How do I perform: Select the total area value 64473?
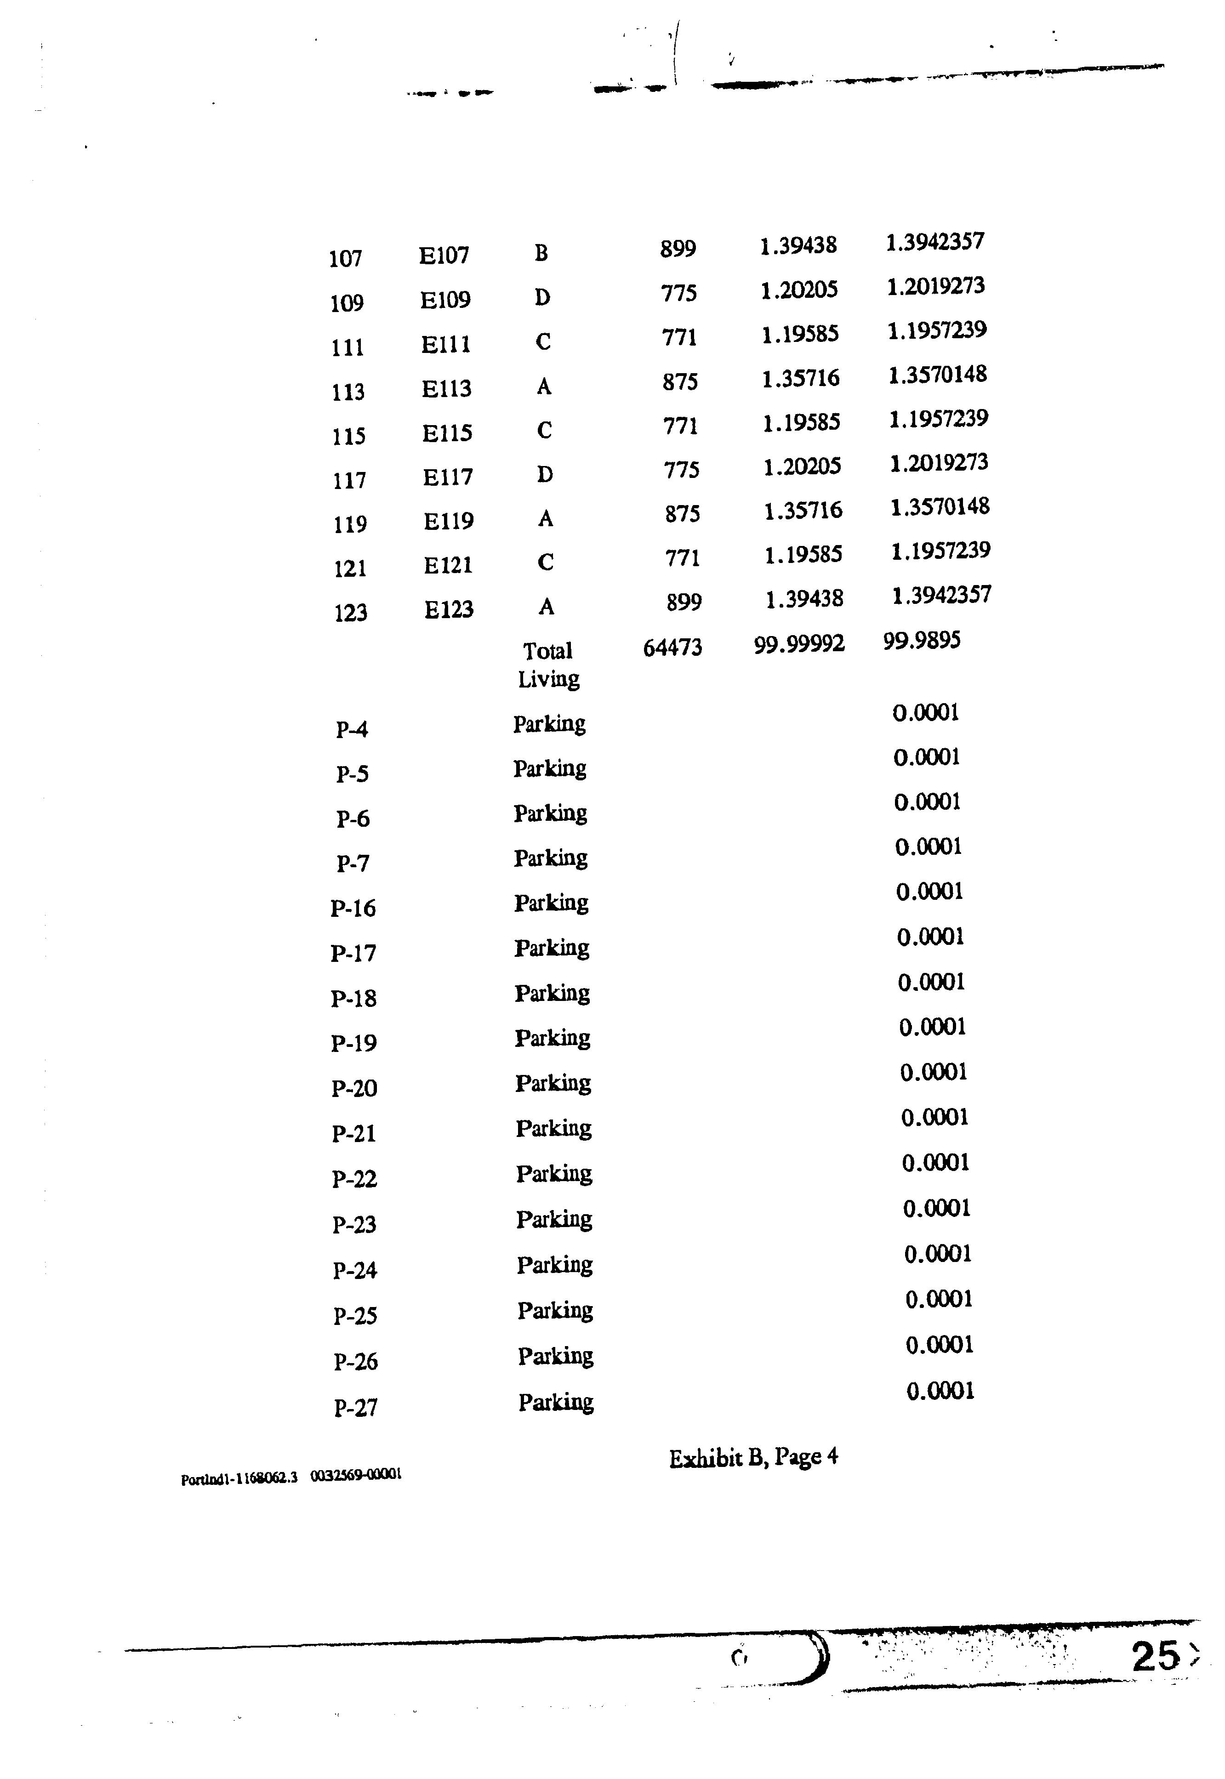click(x=672, y=647)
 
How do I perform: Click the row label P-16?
click(x=353, y=908)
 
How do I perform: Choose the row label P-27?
click(x=355, y=1408)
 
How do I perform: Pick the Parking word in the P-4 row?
click(x=550, y=724)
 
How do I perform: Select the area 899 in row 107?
click(x=678, y=249)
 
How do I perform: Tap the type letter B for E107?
click(x=541, y=252)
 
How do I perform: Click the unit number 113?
click(x=348, y=392)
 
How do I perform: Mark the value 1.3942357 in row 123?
click(x=941, y=595)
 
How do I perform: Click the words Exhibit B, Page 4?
click(x=753, y=1457)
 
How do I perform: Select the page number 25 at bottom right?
click(x=1154, y=1656)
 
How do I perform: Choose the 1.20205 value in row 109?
click(x=799, y=290)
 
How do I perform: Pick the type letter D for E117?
click(x=545, y=474)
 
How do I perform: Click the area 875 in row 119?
click(x=682, y=513)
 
